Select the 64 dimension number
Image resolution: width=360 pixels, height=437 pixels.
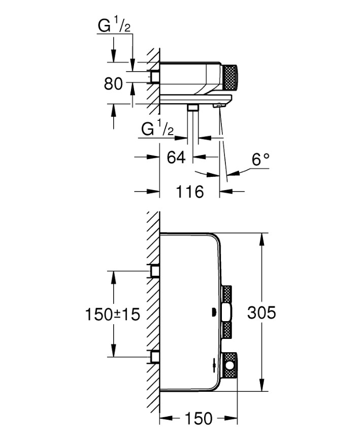(x=175, y=158)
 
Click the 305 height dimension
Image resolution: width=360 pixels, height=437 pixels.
(x=261, y=313)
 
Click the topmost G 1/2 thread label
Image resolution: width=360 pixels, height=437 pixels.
(x=114, y=26)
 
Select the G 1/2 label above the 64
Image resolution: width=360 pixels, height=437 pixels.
(x=157, y=129)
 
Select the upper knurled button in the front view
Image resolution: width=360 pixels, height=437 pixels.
(x=228, y=295)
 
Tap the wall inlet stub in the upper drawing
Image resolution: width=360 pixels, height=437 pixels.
(x=154, y=77)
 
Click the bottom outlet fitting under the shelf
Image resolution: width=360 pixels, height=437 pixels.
(x=192, y=108)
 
